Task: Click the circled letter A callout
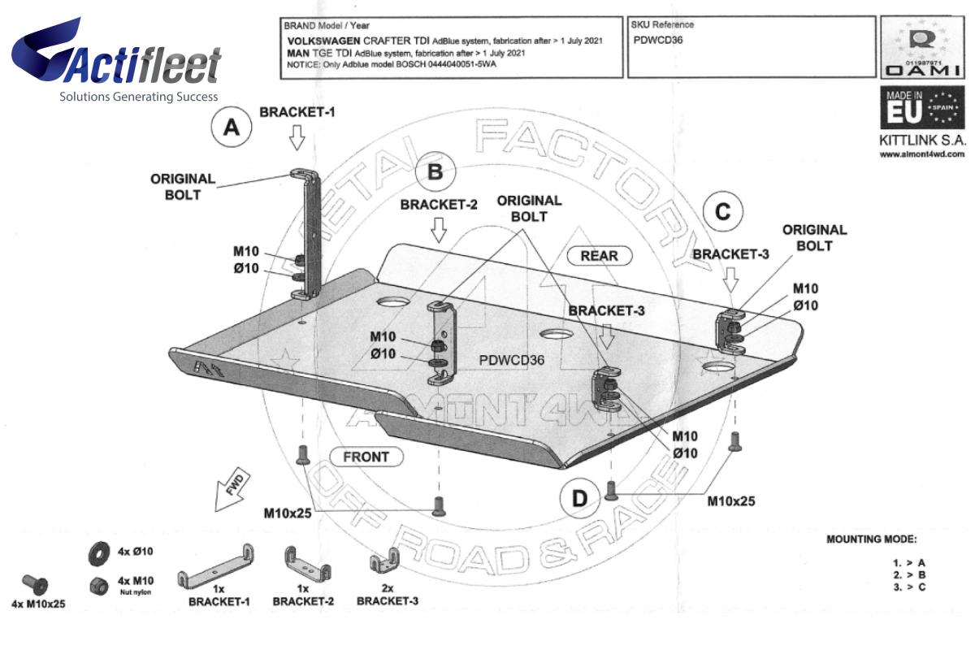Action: coord(232,128)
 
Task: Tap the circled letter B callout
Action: coord(435,171)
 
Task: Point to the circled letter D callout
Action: coord(578,498)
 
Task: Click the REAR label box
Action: coord(599,256)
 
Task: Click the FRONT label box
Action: coord(366,457)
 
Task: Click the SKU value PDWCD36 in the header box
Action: coord(658,40)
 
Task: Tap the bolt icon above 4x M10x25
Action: coord(37,583)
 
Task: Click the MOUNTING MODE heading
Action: coord(870,539)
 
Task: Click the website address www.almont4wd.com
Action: coord(921,154)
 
